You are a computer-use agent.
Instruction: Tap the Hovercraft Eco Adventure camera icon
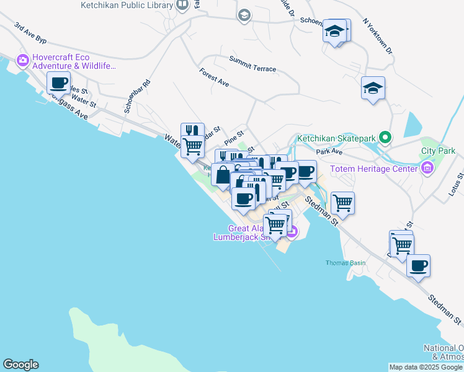pos(23,60)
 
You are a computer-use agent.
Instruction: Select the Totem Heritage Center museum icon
pos(427,168)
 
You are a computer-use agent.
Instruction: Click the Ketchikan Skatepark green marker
pos(385,138)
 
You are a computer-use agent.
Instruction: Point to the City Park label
pos(438,151)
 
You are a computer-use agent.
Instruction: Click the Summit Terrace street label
pos(252,64)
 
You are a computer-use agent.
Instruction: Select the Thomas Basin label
pos(346,263)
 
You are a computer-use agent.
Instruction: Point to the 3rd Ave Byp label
pos(30,34)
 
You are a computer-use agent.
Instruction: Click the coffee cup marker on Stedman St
pos(419,266)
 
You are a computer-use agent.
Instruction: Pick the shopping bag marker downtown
pos(223,174)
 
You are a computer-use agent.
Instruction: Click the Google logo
pos(20,365)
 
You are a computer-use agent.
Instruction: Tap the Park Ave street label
pos(329,151)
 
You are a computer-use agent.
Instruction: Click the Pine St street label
pos(234,138)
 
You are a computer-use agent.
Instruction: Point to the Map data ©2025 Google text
pos(426,367)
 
